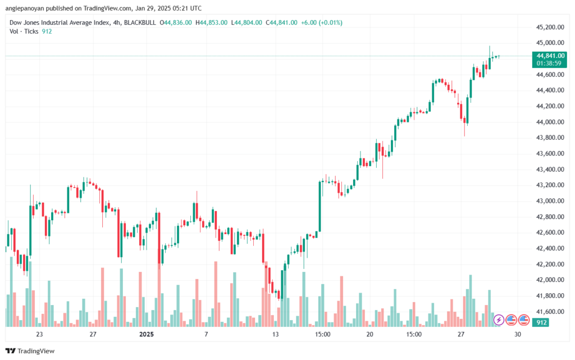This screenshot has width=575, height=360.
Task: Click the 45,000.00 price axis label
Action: (x=550, y=43)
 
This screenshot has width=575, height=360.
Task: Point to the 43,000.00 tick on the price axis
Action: (x=550, y=201)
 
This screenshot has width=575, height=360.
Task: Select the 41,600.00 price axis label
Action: (x=550, y=312)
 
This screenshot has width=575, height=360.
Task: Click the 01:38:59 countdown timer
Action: (x=549, y=63)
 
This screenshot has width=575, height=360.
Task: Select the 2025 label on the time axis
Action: (x=147, y=334)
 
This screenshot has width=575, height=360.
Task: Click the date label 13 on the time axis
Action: (x=275, y=334)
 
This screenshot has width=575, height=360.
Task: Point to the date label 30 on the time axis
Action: (x=517, y=334)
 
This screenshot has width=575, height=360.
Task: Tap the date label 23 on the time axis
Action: (x=39, y=334)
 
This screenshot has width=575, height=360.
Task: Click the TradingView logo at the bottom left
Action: (x=30, y=351)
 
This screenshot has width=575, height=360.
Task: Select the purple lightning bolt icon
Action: (x=499, y=320)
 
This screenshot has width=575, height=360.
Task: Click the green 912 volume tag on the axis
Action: (x=541, y=322)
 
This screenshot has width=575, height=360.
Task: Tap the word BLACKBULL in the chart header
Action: (x=140, y=22)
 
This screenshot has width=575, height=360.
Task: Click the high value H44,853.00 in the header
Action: (x=211, y=22)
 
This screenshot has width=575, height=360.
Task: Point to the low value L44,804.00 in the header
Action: (x=247, y=22)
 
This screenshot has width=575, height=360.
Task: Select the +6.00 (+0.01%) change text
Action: (x=322, y=22)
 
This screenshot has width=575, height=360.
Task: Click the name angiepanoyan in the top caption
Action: (x=25, y=8)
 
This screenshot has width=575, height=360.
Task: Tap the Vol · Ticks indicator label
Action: (x=24, y=31)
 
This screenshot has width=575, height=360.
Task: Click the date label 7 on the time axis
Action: (x=206, y=334)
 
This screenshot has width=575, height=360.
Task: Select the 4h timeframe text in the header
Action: (x=117, y=22)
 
